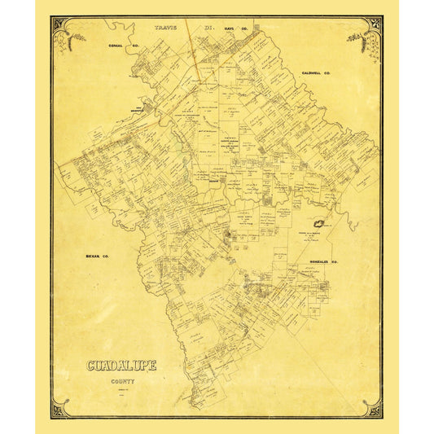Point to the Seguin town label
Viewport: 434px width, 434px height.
pos(213,182)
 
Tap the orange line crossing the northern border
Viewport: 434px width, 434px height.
pos(190,41)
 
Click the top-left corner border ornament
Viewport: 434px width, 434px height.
pos(59,23)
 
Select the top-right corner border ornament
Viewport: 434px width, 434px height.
pos(375,23)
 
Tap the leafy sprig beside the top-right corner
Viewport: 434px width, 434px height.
pos(356,37)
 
